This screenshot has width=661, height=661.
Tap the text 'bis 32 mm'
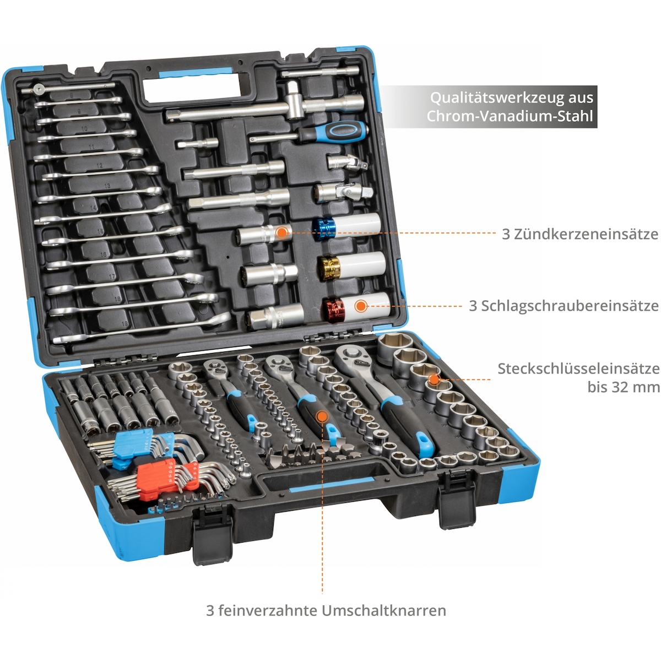click(623, 387)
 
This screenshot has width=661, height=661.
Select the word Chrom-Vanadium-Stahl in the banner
click(510, 116)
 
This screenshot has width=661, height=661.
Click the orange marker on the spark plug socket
click(281, 233)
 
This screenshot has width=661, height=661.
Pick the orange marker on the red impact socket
click(360, 306)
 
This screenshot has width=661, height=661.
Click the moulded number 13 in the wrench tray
click(107, 186)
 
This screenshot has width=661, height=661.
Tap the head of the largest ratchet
click(351, 356)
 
